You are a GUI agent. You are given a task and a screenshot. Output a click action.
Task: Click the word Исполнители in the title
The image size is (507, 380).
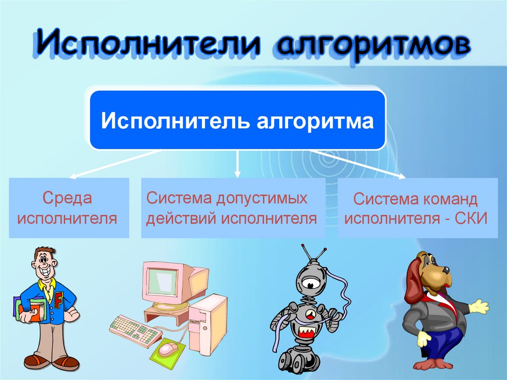point(149,45)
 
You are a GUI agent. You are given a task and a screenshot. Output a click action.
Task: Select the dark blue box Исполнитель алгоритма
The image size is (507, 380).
point(237,120)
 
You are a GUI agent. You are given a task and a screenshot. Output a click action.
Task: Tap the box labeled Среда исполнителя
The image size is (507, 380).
point(69,208)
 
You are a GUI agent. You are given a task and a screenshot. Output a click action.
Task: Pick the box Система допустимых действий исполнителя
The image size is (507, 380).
point(233,208)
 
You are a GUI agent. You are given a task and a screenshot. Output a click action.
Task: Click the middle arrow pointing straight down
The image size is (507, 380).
point(237,163)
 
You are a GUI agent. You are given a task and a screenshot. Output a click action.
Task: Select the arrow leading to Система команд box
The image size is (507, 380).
point(361,163)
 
